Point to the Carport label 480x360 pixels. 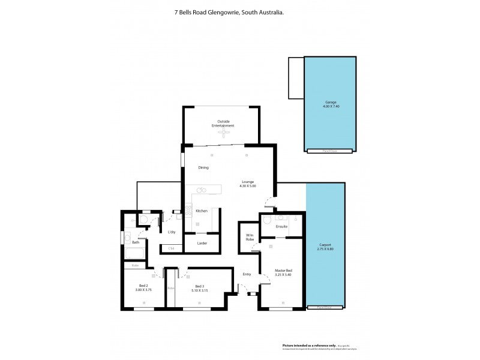[325, 245]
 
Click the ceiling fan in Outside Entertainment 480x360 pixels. [222, 133]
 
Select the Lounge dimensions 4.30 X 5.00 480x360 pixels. [248, 186]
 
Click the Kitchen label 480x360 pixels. [202, 211]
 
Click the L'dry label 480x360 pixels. [172, 232]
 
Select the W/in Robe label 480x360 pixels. [249, 237]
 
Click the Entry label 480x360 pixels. [246, 274]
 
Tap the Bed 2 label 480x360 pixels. [143, 286]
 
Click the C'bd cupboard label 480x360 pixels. [172, 248]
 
